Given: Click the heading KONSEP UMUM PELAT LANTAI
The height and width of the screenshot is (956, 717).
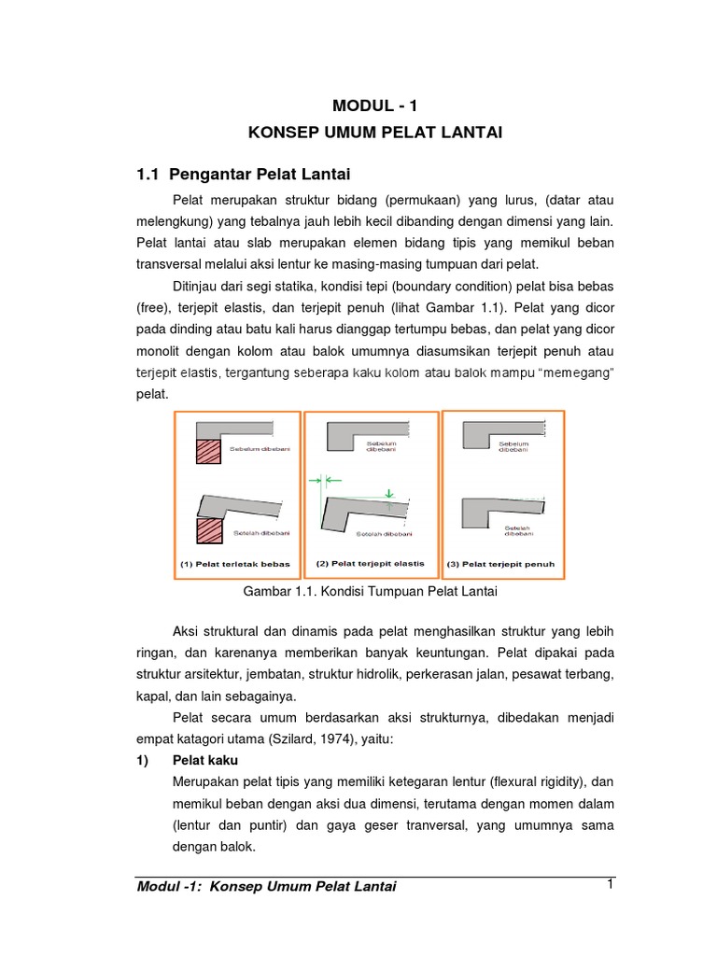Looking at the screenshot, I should tap(375, 134).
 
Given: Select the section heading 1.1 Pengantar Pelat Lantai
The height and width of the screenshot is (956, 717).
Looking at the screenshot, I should tap(243, 174).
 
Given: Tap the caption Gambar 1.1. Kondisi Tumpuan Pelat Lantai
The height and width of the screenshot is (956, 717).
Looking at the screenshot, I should tap(371, 592).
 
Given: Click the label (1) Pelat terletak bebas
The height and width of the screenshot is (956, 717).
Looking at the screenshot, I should tap(235, 564).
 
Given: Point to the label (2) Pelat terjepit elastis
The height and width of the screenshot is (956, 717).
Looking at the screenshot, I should tap(371, 563).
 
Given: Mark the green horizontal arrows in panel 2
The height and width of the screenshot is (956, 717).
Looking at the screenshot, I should tap(320, 479).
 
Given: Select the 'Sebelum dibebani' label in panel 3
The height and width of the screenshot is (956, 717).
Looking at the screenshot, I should tap(514, 446).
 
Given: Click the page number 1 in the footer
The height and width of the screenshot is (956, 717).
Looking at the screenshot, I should tap(609, 884).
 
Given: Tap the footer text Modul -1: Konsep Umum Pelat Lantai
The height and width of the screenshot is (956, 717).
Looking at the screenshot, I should tap(266, 887).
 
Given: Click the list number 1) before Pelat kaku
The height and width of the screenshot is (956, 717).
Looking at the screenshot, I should tap(144, 761).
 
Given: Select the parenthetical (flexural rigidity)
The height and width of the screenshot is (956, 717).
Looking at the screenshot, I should tap(523, 781).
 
